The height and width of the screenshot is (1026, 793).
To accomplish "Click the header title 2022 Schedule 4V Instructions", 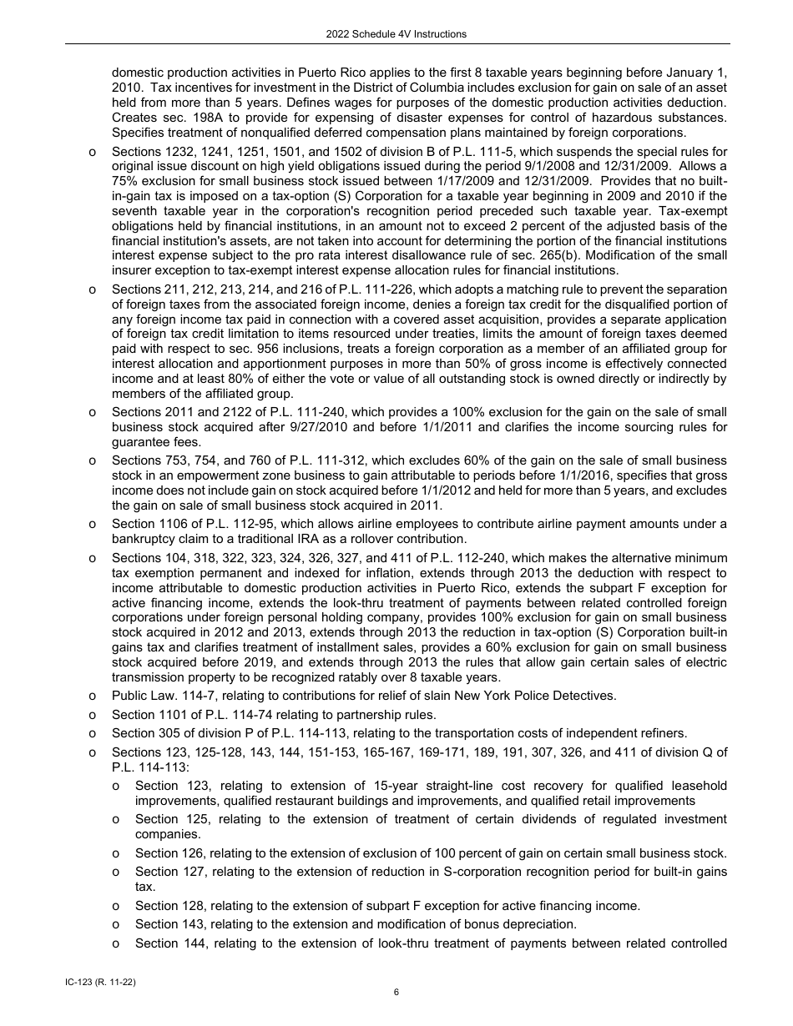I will point(396,34).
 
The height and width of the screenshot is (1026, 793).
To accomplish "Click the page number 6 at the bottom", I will point(396,992).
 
